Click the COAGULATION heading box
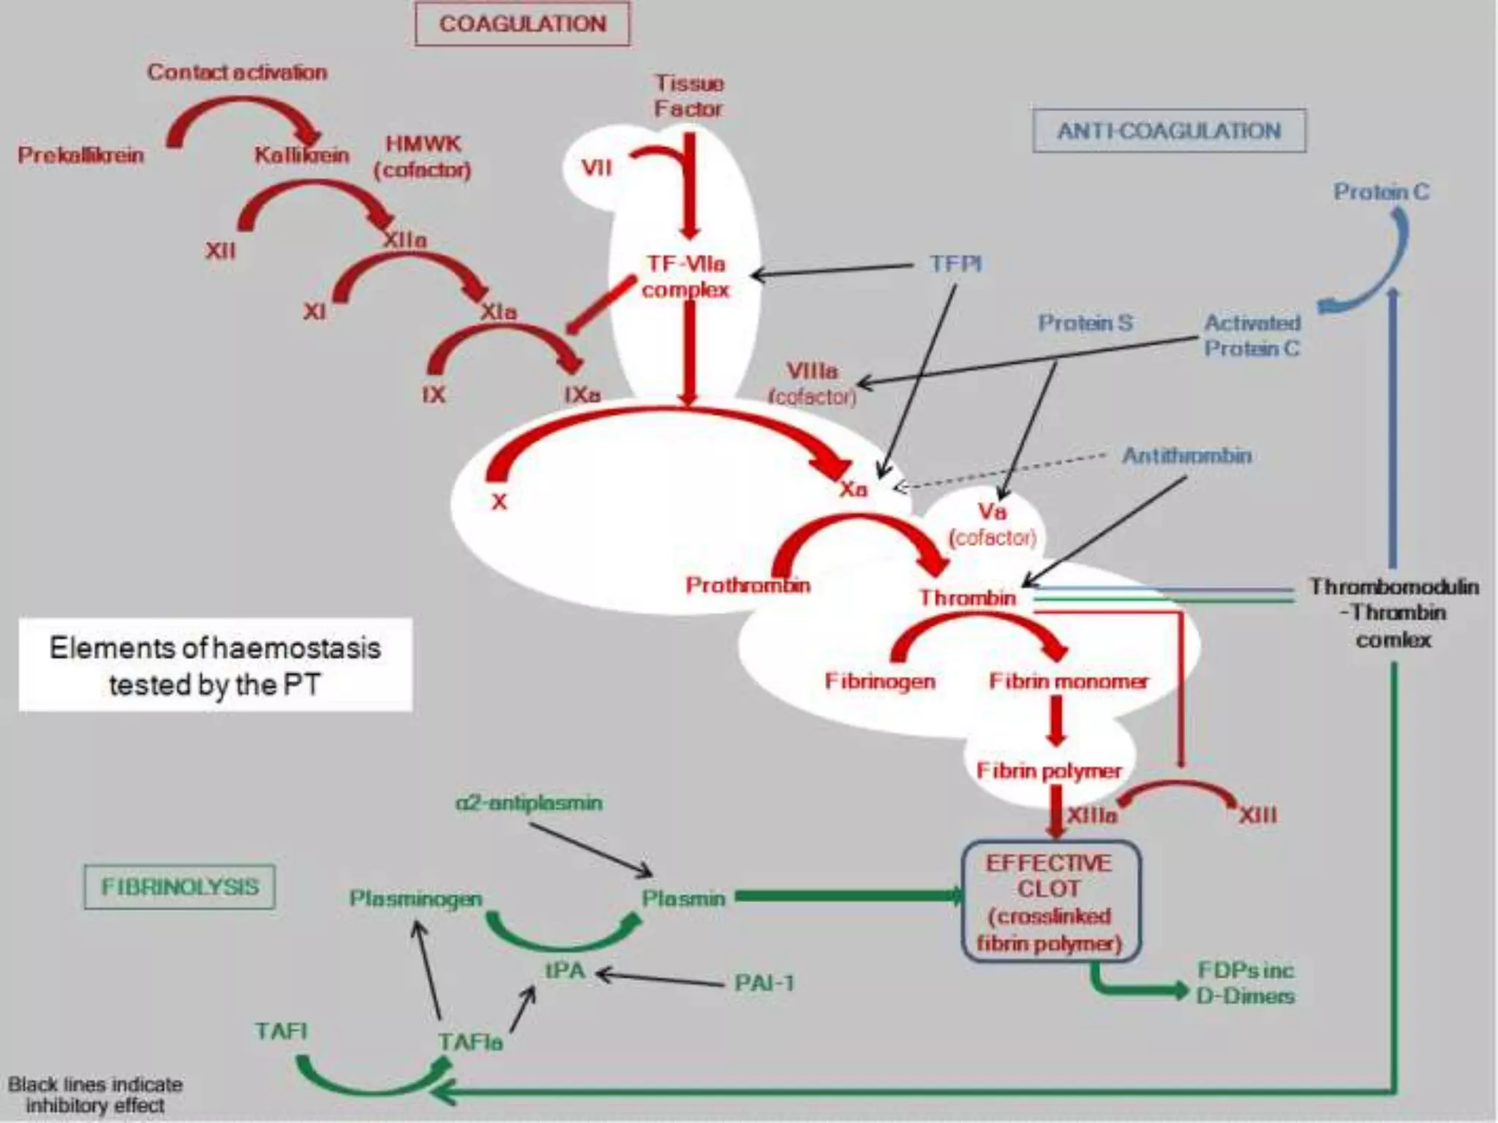522,24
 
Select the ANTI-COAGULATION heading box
1169,131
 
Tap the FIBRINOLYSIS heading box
180,887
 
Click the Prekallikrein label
80,155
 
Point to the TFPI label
955,263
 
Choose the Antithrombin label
1186,456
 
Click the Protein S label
1085,322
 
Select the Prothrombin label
748,585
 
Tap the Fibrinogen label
880,681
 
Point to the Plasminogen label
415,899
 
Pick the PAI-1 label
764,983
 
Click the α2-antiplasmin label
529,803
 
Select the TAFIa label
470,1041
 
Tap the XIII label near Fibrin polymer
1257,815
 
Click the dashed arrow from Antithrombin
1002,471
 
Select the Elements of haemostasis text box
215,665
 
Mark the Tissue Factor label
688,96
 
